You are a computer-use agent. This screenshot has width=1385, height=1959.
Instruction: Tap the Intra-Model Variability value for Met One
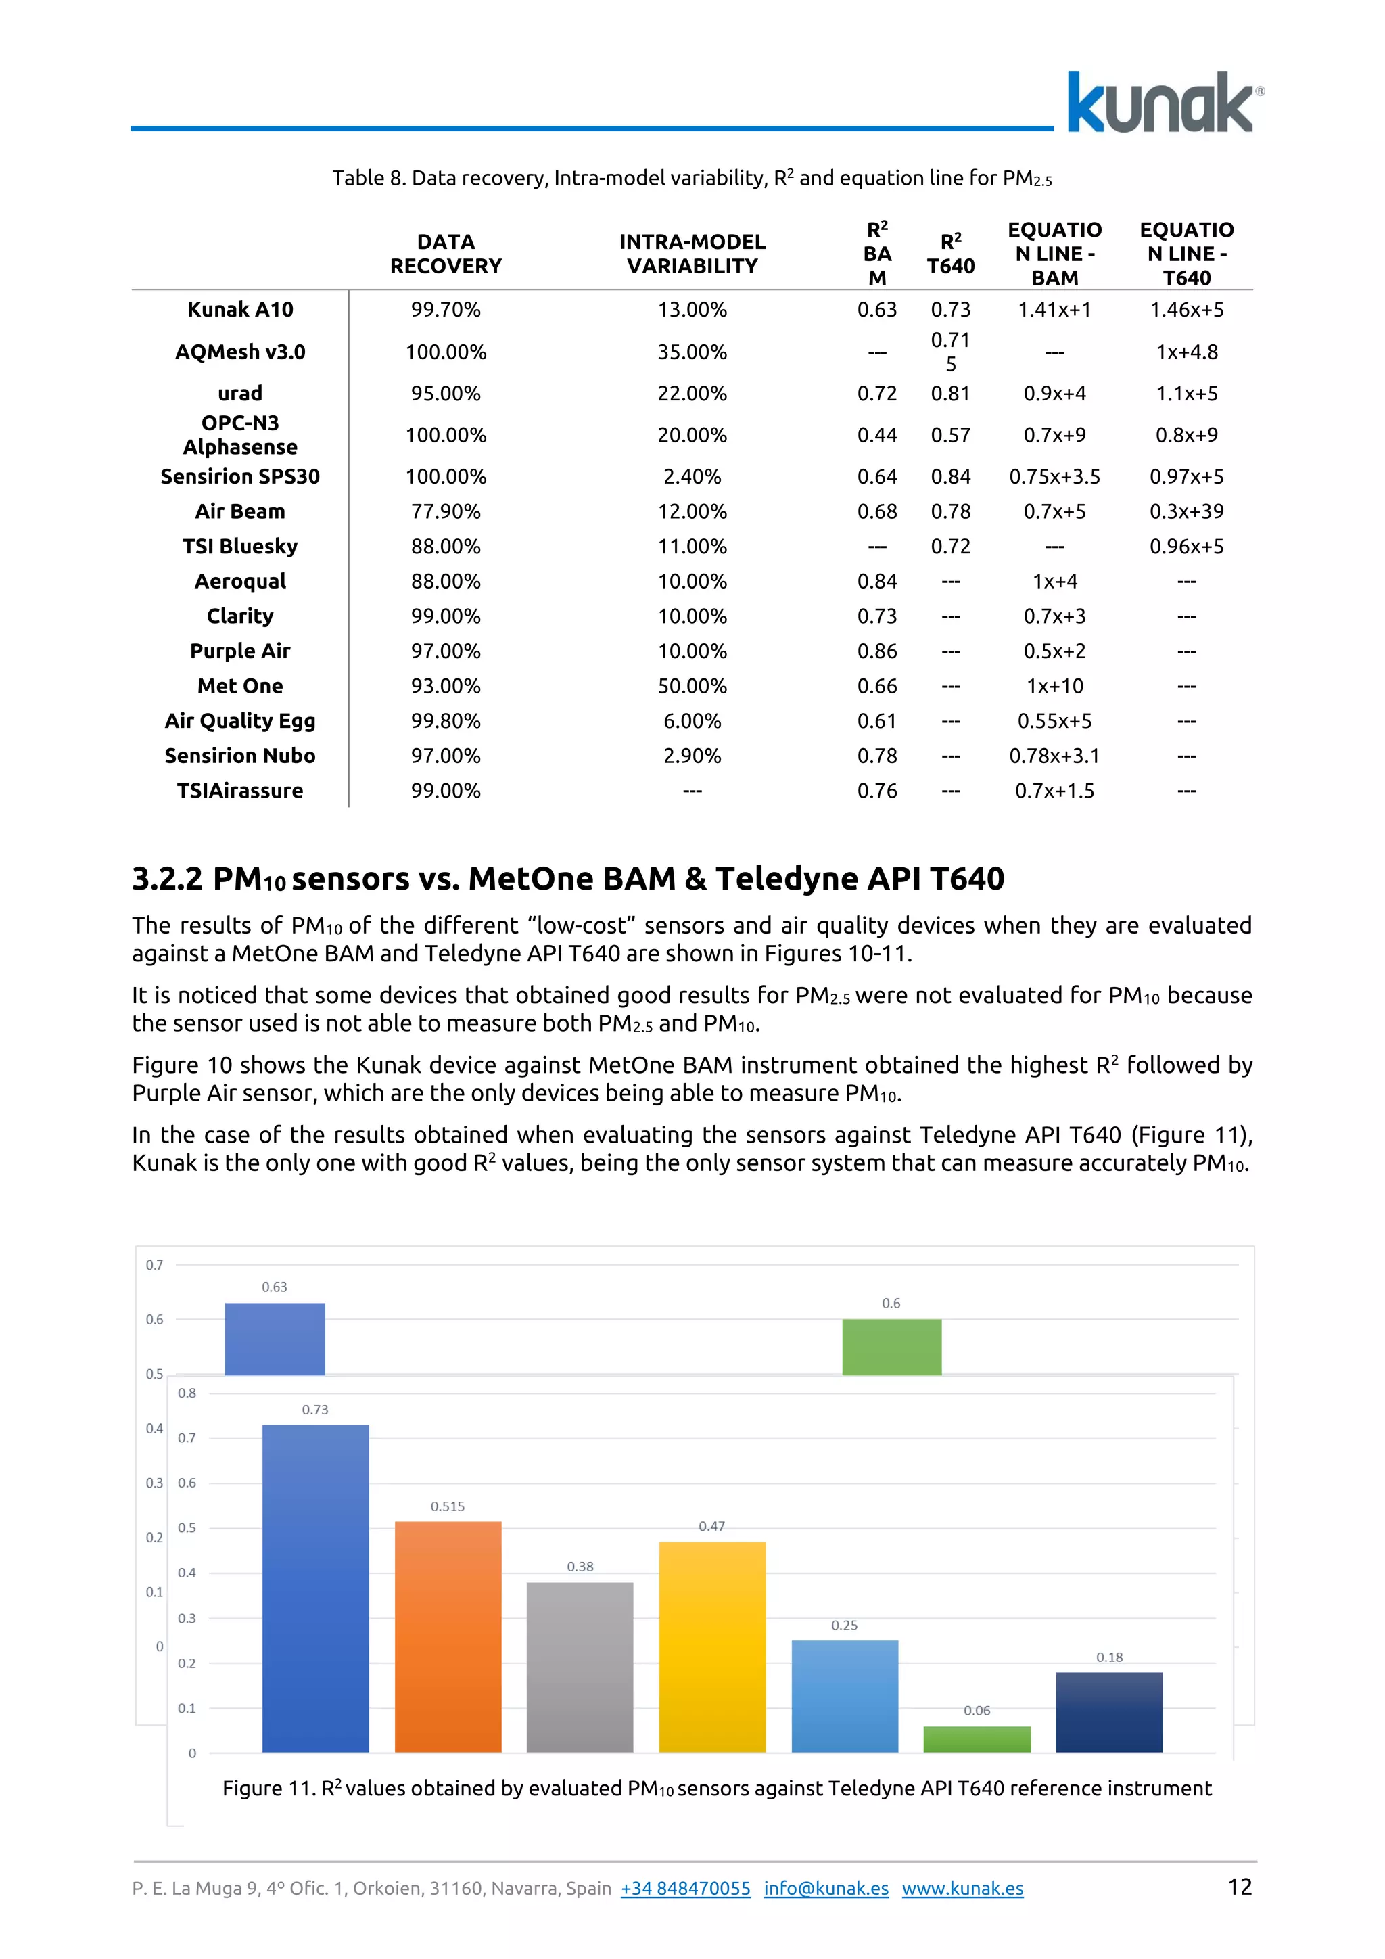(692, 686)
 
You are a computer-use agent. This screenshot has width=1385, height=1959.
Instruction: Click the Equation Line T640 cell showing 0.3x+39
(1186, 512)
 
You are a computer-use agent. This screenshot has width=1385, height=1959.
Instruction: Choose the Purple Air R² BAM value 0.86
(876, 651)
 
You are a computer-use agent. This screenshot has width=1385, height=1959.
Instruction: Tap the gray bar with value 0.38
(580, 1667)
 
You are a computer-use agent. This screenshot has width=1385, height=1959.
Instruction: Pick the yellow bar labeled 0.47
(712, 1646)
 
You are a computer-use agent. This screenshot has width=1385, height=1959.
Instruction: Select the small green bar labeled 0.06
(977, 1739)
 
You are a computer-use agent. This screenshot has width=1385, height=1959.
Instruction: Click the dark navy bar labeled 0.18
(1108, 1711)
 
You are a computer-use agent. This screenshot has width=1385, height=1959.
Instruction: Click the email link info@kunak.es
(826, 1888)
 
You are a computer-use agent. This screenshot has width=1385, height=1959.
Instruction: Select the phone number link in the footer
(685, 1888)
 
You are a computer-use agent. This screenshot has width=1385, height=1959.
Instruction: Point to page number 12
(1239, 1887)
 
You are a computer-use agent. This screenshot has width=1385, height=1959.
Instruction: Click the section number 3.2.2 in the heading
(167, 879)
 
